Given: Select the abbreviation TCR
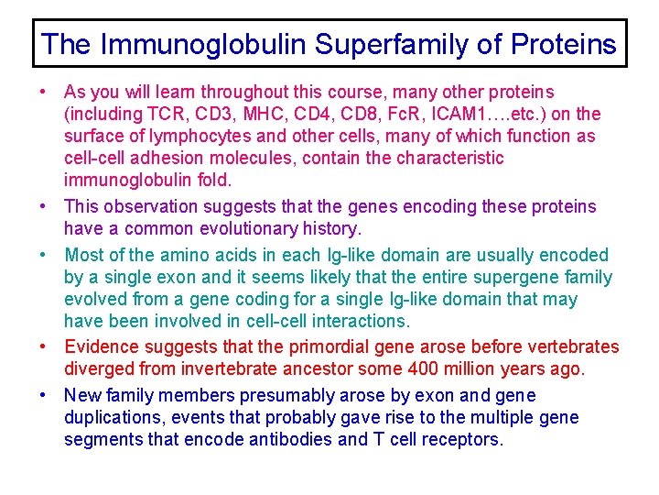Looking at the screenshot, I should click(x=159, y=115).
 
